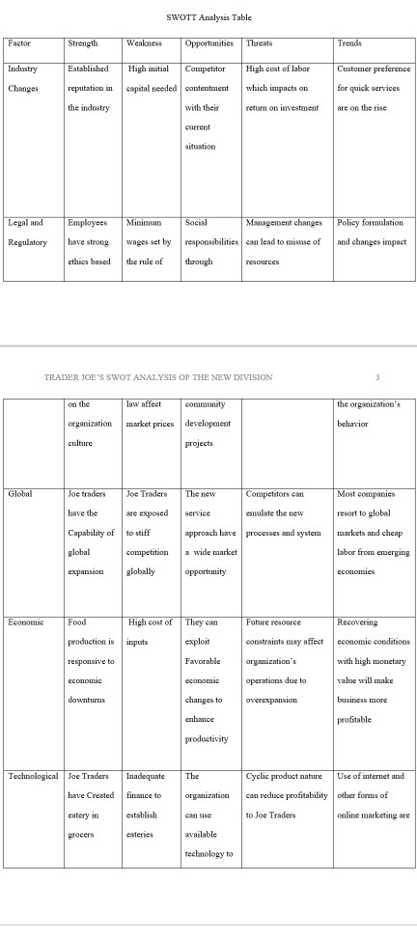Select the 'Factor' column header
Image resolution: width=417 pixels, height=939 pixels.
tap(18, 42)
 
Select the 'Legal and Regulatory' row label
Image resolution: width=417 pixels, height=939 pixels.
tap(26, 232)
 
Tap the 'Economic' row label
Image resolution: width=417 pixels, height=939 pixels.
tap(25, 622)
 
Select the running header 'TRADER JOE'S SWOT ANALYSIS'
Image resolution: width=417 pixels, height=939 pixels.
tap(158, 376)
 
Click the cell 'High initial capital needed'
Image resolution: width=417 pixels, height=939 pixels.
tap(149, 78)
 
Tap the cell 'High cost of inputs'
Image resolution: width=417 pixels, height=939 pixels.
tap(149, 630)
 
